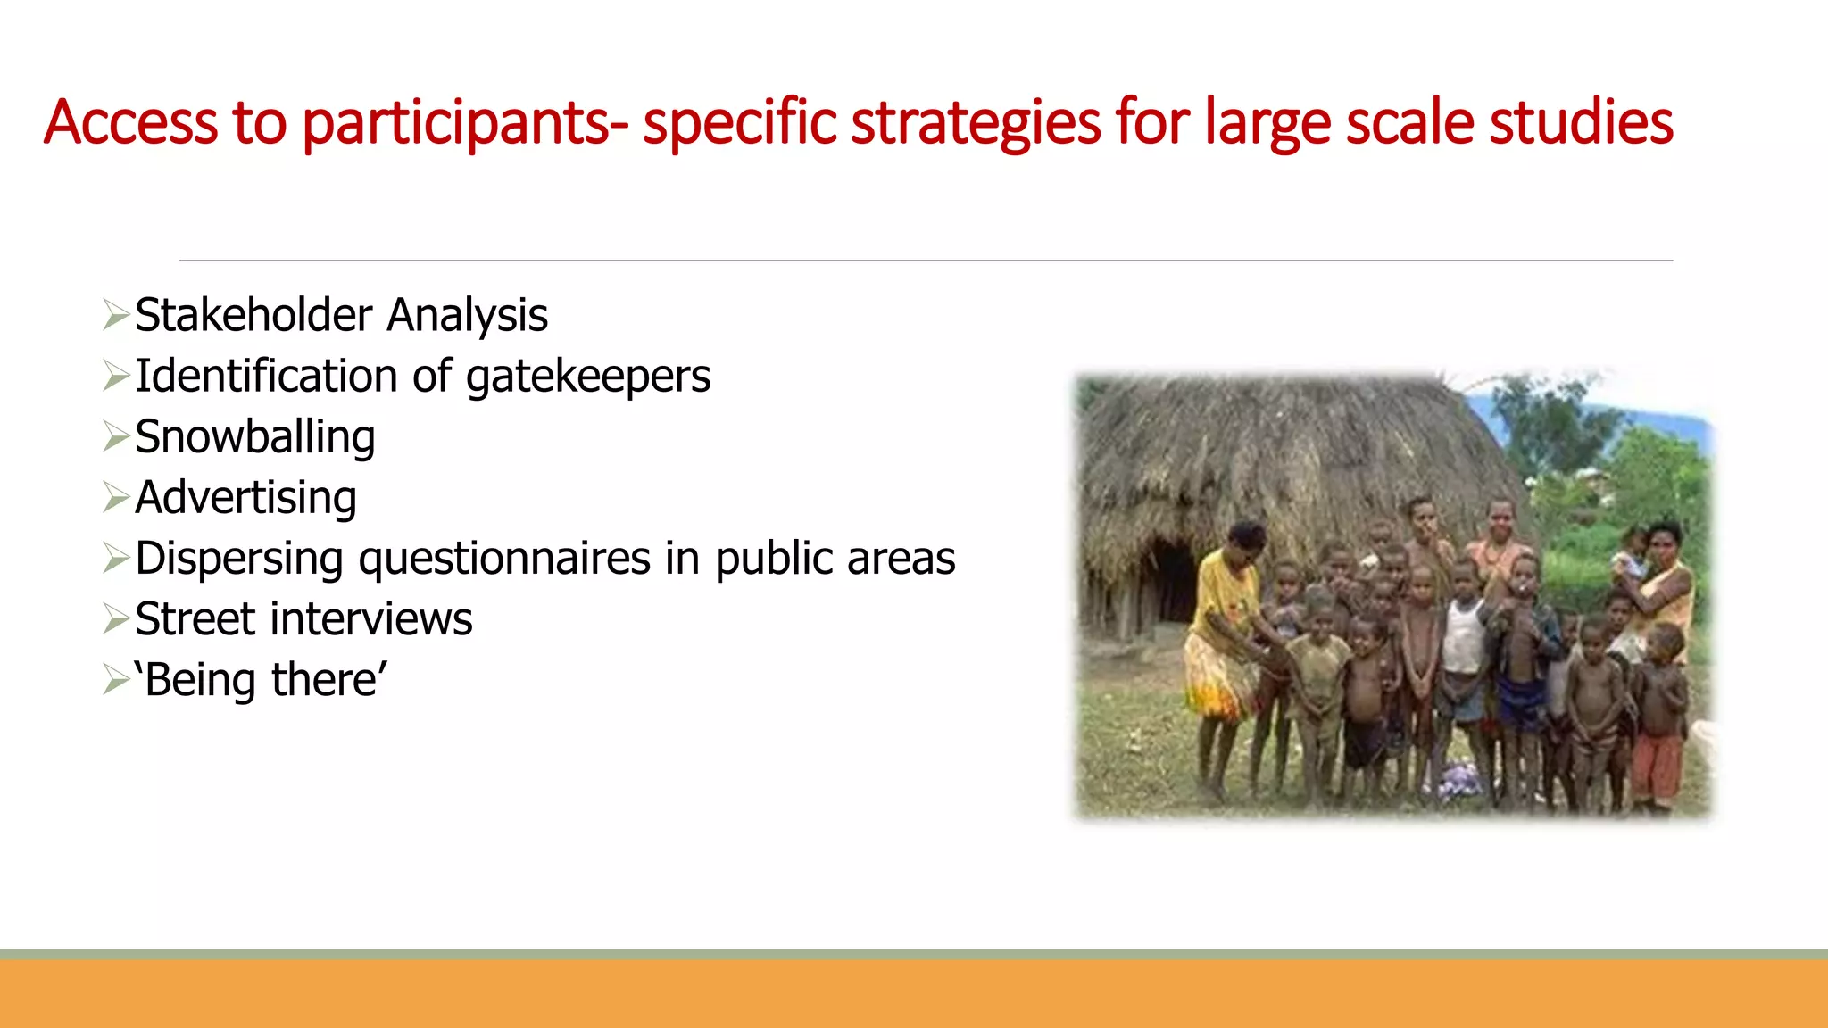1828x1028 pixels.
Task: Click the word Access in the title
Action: pyautogui.click(x=130, y=122)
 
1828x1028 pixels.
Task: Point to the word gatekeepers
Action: pyautogui.click(x=588, y=377)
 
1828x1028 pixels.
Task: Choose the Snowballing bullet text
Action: pyautogui.click(x=255, y=437)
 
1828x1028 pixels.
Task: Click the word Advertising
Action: pyautogui.click(x=246, y=498)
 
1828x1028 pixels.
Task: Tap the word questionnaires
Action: pyautogui.click(x=504, y=559)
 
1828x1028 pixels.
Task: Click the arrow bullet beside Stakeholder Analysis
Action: pyautogui.click(x=116, y=315)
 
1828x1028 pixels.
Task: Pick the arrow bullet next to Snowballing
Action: pyautogui.click(x=116, y=436)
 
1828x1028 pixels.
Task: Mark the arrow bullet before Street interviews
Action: pyautogui.click(x=116, y=618)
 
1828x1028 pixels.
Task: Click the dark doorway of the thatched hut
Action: pyautogui.click(x=1170, y=580)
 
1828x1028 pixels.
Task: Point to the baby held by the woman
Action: pyautogui.click(x=1633, y=553)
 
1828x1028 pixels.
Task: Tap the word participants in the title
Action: pyautogui.click(x=455, y=122)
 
